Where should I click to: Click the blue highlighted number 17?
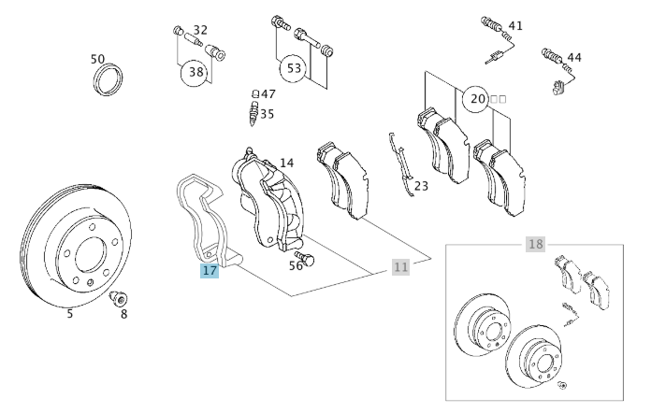pos(210,271)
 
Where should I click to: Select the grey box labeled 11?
pos(400,267)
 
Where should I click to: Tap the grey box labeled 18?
pos(534,245)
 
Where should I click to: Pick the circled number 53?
pos(295,68)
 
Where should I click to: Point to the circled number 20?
pos(477,98)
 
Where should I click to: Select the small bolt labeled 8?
pos(119,300)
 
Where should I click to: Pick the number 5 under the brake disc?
pos(69,314)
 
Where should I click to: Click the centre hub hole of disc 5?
pos(91,255)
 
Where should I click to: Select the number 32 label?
pos(200,30)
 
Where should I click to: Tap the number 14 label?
pos(286,163)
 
